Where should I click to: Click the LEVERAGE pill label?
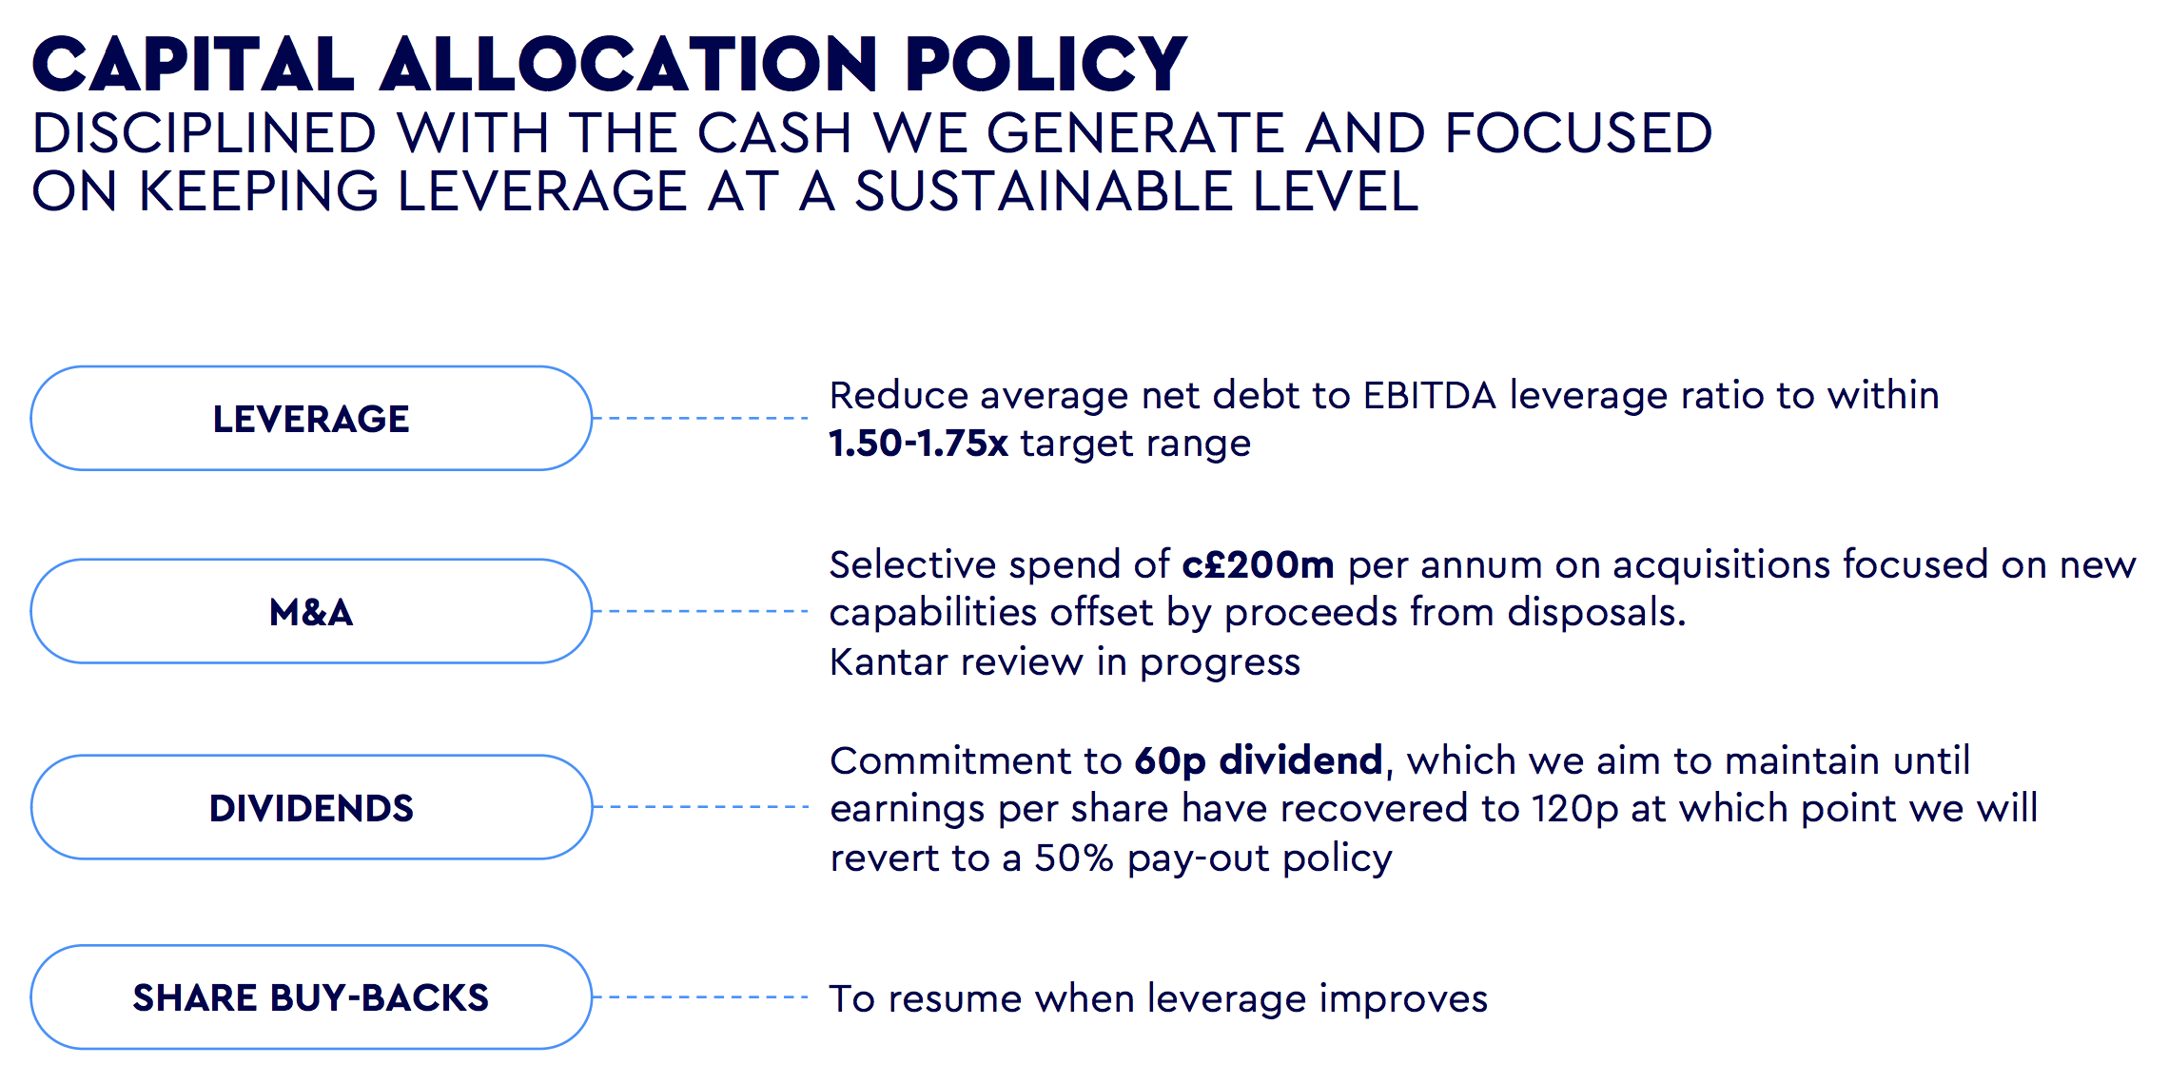311,419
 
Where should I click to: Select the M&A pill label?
311,612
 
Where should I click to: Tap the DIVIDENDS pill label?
311,808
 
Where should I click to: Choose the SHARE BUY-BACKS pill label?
311,997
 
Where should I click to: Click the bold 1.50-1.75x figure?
918,444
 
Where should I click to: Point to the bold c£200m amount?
1258,564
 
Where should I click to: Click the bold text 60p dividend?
1258,760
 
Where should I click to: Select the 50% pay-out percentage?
1074,858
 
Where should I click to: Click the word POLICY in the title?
1045,65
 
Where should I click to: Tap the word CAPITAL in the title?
193,65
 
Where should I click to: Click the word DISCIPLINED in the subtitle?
205,133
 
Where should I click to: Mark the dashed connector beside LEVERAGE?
701,418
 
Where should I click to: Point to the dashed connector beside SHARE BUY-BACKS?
701,996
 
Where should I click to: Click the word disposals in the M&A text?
1596,612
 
